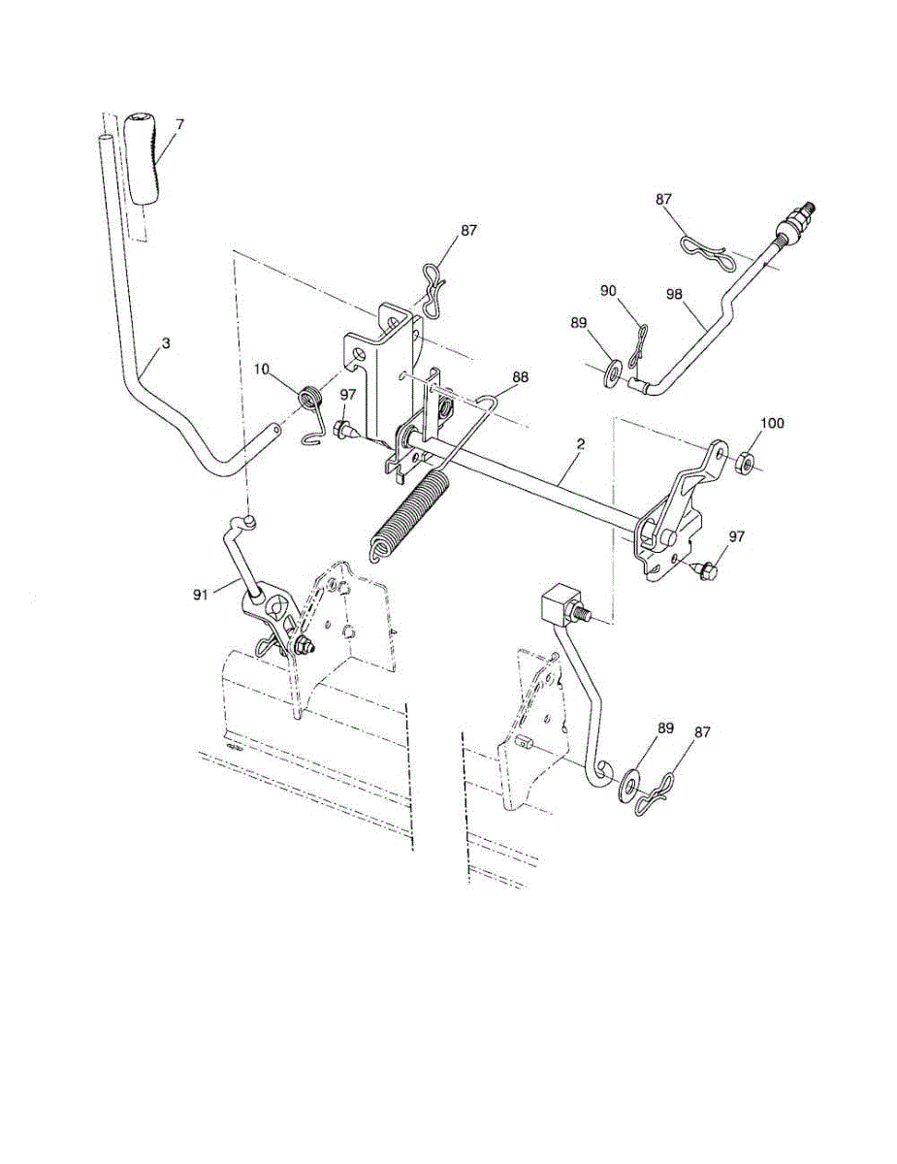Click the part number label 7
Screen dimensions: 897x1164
click(x=179, y=124)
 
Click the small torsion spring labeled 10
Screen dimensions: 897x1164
click(x=309, y=399)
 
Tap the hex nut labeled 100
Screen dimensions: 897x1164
click(x=745, y=463)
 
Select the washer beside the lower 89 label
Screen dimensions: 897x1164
click(x=632, y=780)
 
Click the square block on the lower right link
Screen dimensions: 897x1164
click(x=557, y=604)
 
